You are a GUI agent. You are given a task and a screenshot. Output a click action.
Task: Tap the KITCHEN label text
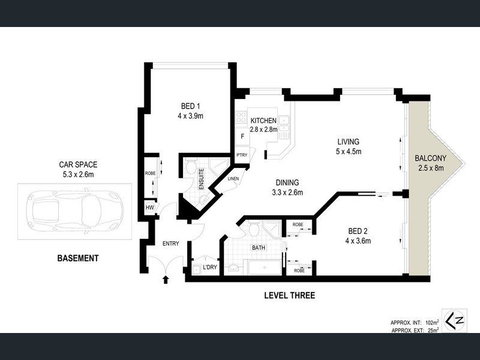[x=262, y=120]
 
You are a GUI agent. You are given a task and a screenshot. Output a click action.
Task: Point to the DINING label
[x=288, y=181]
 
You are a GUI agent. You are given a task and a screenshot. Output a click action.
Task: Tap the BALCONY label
[x=437, y=159]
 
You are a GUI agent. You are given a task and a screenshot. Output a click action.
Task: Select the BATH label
[x=257, y=247]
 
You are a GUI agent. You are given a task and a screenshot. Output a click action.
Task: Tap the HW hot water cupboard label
[x=150, y=207]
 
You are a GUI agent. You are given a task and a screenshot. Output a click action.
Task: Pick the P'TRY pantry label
[x=241, y=155]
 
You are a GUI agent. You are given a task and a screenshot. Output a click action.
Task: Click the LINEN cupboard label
[x=233, y=179]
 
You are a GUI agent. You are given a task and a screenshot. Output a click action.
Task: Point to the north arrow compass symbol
[x=457, y=319]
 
